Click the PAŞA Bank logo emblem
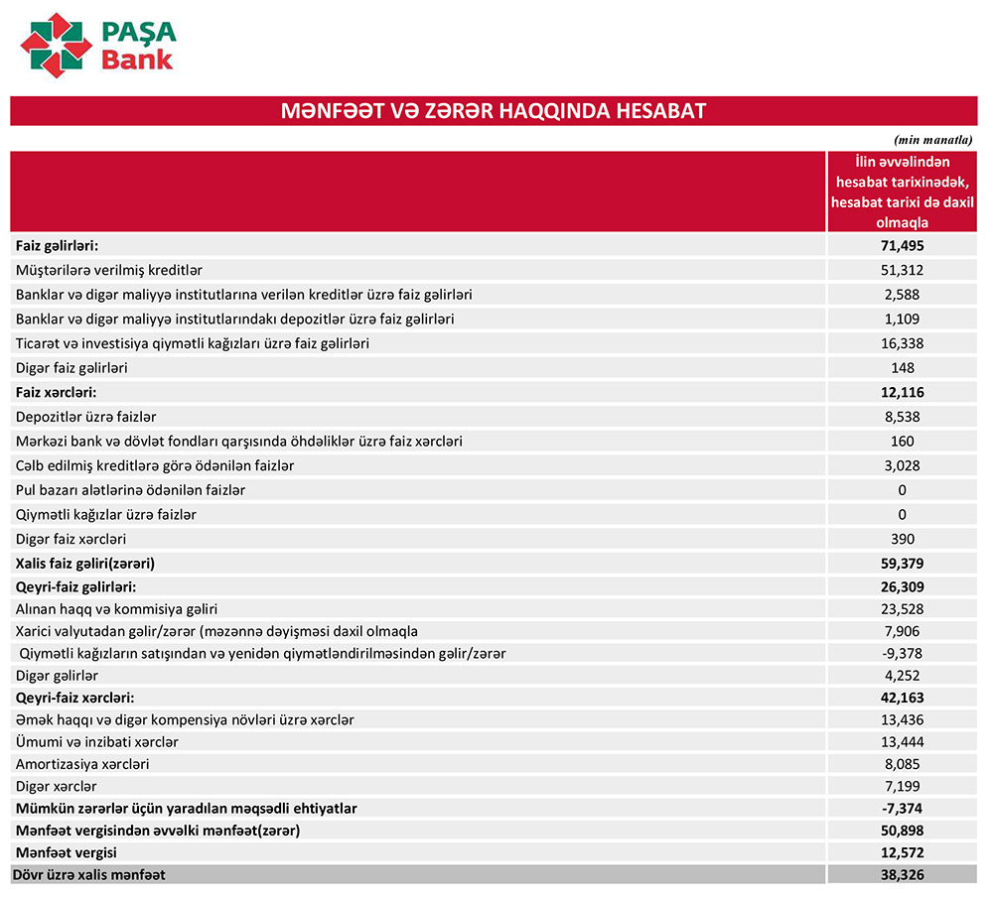(x=56, y=46)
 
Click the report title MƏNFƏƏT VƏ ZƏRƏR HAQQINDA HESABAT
(x=493, y=110)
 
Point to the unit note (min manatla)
(x=934, y=141)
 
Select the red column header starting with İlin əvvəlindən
(x=902, y=193)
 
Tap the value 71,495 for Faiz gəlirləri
(x=902, y=245)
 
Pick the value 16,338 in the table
(x=902, y=342)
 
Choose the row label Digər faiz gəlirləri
(x=71, y=367)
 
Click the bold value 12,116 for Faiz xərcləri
(x=902, y=392)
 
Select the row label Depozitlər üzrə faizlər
(x=86, y=417)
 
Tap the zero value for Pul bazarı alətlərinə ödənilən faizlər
(x=902, y=490)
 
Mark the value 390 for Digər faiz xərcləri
(x=902, y=539)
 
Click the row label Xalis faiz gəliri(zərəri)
(x=86, y=563)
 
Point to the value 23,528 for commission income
(x=902, y=608)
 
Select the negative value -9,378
(x=902, y=653)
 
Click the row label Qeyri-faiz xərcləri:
(x=75, y=698)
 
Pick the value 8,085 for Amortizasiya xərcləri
(x=902, y=764)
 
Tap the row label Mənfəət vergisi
(x=67, y=852)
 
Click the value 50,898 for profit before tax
(x=902, y=830)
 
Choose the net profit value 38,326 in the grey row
(x=902, y=874)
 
